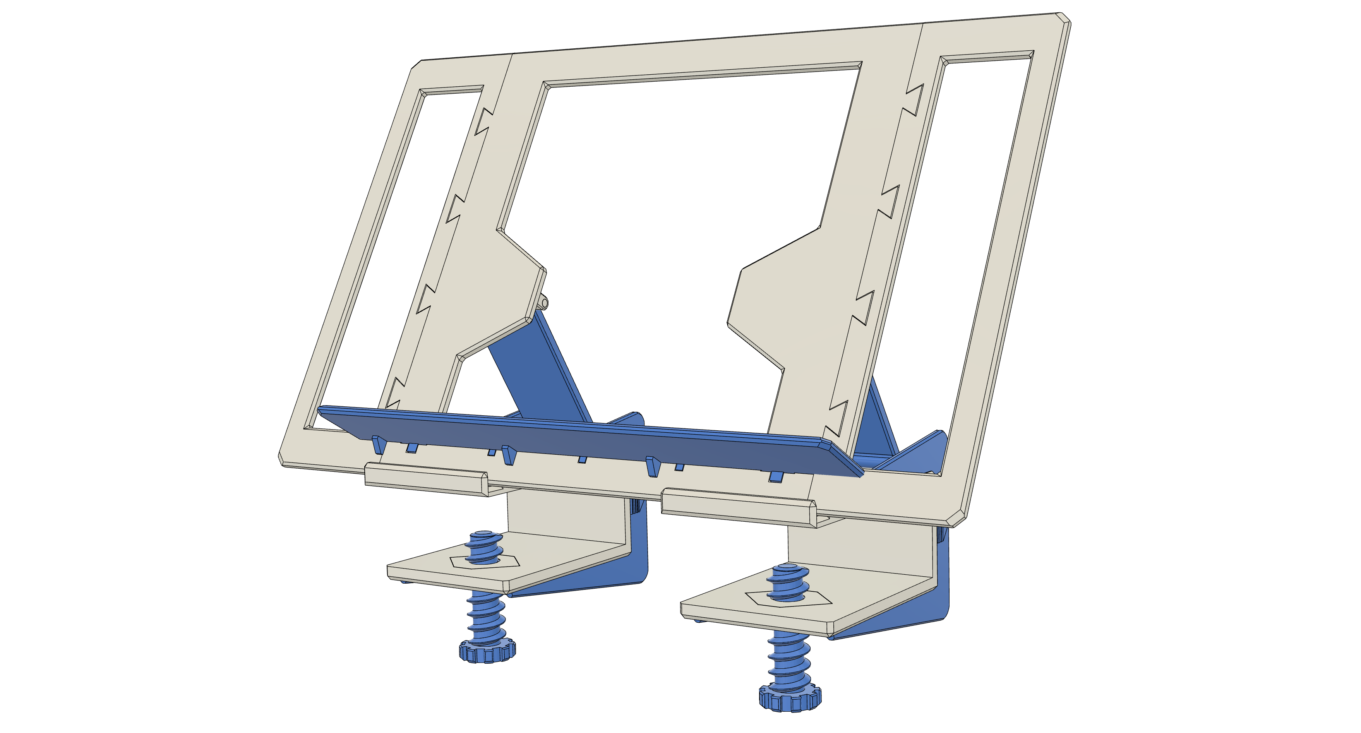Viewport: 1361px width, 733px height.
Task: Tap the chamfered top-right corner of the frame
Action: coord(1064,19)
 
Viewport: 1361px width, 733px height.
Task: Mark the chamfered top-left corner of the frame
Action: coord(417,64)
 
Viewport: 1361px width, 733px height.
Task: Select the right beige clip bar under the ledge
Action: coord(739,507)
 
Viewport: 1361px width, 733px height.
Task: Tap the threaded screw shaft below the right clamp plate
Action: coord(787,660)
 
